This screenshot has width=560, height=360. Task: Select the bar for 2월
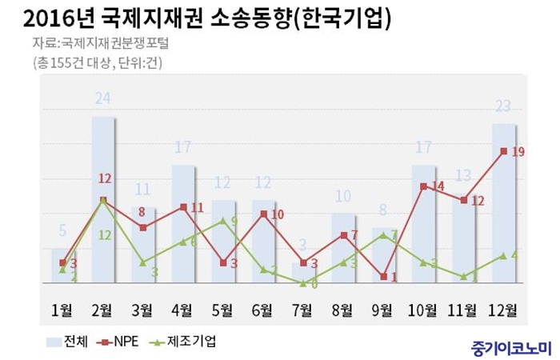point(102,200)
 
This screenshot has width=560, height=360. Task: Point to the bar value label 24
point(102,98)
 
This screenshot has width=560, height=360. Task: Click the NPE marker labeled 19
point(503,151)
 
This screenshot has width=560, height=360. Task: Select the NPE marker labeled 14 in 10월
point(423,186)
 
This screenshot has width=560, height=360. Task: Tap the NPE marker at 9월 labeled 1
point(383,277)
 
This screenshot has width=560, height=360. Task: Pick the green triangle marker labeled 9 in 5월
point(222,220)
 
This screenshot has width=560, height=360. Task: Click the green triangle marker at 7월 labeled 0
point(302,282)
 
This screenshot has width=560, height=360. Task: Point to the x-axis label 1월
point(62,309)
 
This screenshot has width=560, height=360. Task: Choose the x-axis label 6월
point(262,309)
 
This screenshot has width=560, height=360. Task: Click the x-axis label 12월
point(503,309)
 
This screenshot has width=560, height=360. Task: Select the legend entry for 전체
point(71,342)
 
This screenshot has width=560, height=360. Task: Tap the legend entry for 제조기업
point(181,342)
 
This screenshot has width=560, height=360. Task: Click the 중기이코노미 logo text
point(511,348)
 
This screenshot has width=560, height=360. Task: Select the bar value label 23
point(503,106)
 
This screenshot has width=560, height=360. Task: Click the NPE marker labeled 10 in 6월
point(262,214)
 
